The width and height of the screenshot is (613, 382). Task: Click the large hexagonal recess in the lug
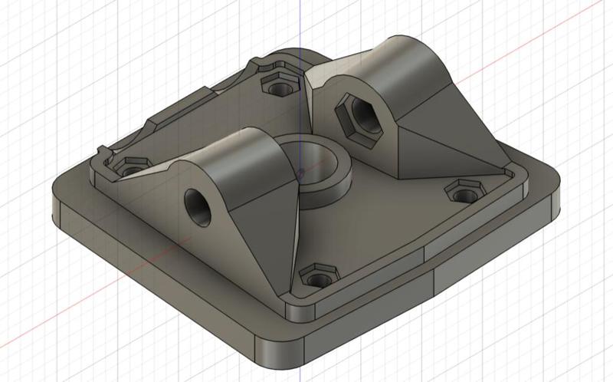tap(359, 117)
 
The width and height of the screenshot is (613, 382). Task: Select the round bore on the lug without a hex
tap(197, 206)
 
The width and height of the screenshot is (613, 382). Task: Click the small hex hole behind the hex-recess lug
tap(280, 82)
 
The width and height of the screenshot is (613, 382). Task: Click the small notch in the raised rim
tap(103, 150)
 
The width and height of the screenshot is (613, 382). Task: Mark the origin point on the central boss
tap(301, 171)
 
